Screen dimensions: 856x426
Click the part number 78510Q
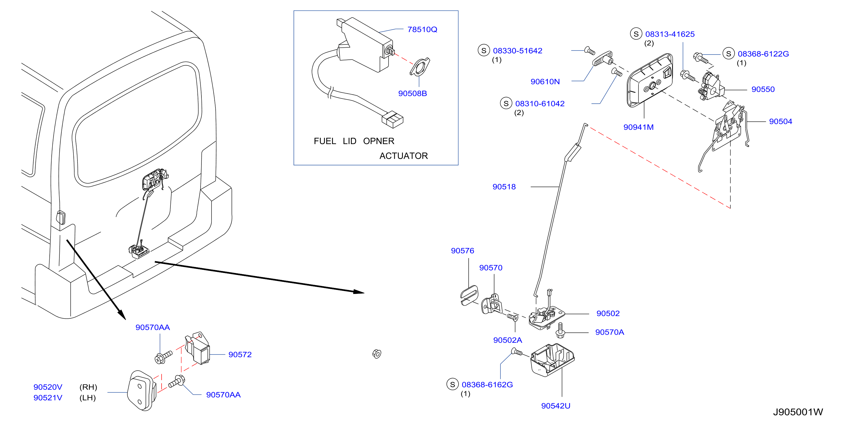point(422,30)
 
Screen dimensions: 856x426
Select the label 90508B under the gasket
point(412,93)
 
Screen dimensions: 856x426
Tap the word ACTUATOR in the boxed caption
point(403,156)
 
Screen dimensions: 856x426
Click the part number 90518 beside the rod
point(504,187)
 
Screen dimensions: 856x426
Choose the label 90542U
point(556,406)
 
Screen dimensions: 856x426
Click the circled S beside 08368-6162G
point(452,384)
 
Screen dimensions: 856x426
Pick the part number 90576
point(462,251)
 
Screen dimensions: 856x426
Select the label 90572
point(240,355)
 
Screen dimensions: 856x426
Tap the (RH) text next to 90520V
point(88,387)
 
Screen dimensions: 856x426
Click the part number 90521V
point(48,398)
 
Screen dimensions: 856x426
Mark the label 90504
point(780,121)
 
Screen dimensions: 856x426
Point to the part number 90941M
point(638,127)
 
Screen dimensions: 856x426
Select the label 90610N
point(545,82)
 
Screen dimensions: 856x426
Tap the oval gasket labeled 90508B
point(420,67)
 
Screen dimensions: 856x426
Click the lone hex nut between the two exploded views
point(377,354)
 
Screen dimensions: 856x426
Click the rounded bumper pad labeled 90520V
point(142,391)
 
